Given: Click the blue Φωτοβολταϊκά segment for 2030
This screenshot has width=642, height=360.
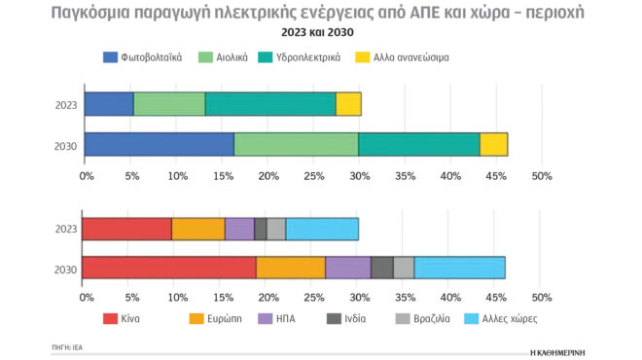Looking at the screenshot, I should [x=159, y=144].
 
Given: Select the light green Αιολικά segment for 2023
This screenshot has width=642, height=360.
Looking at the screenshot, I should [x=169, y=103].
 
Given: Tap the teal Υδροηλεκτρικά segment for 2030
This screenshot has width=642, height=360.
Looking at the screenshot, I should [x=419, y=144].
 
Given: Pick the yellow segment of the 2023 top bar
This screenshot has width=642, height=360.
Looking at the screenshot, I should [x=348, y=103].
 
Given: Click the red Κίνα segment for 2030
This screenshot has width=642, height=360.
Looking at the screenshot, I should [x=168, y=268].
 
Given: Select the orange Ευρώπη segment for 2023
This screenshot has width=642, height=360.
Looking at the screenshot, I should [x=198, y=229].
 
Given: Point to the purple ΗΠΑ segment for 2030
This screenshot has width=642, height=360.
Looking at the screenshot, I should [x=347, y=268].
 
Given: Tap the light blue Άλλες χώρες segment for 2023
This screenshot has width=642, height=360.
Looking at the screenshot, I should [x=322, y=229].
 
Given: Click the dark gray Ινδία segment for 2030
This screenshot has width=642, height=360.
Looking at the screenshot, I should [x=382, y=268].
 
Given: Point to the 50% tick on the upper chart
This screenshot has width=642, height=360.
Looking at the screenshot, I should [x=542, y=176].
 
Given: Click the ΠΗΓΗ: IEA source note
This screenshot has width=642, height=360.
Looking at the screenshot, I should [x=68, y=345].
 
